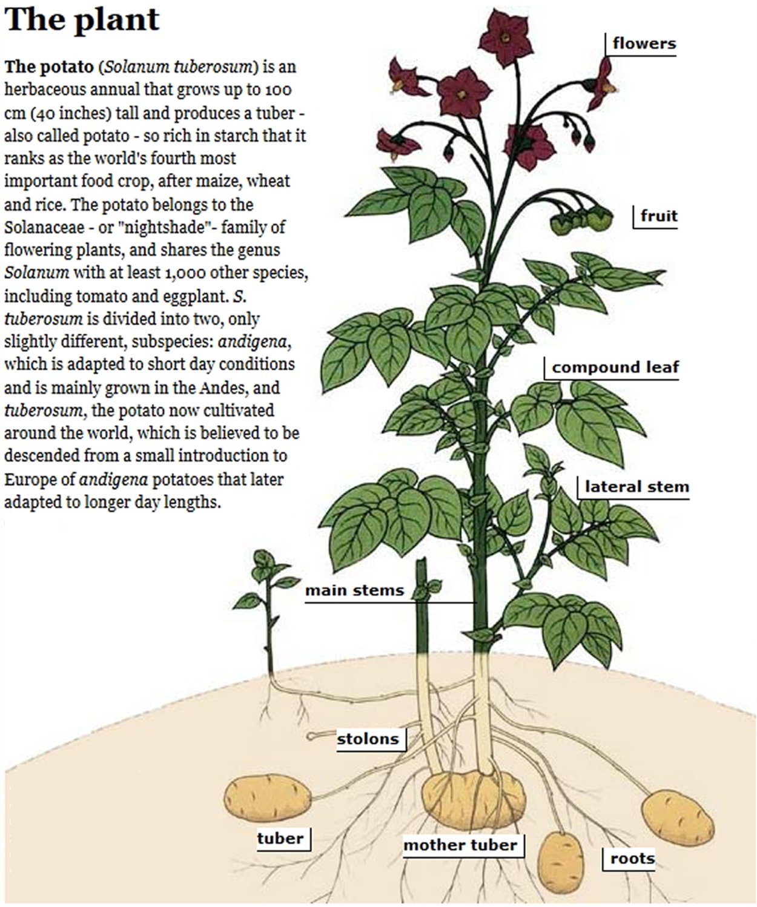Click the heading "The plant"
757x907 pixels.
pos(82,19)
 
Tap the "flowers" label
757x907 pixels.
pos(644,44)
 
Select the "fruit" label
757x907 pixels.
pos(659,216)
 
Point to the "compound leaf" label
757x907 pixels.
pos(615,368)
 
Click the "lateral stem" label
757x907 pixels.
pos(636,487)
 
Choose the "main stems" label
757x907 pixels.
pos(354,590)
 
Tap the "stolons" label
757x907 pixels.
pos(368,739)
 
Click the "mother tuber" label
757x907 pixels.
pos(460,845)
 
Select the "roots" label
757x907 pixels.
pos(632,859)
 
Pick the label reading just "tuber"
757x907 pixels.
pos(280,839)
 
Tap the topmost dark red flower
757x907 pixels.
pos(506,38)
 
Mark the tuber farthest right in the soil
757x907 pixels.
pos(678,819)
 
